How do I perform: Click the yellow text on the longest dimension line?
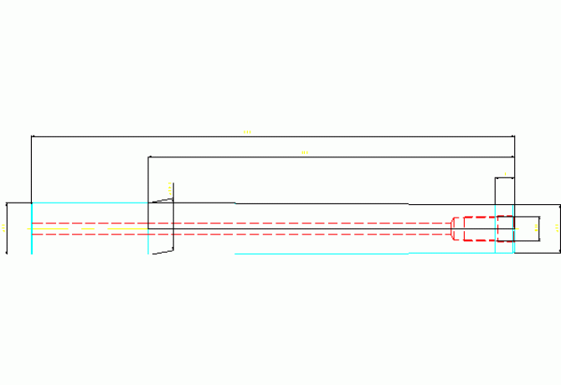click(247, 131)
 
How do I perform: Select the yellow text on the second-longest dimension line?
click(304, 152)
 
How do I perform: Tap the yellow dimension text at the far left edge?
click(4, 228)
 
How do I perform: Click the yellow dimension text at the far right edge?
click(558, 227)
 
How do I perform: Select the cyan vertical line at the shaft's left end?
click(32, 228)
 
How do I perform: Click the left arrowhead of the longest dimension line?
click(33, 136)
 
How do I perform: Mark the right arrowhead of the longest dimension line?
click(512, 136)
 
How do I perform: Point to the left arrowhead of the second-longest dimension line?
click(151, 157)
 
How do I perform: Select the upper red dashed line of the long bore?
click(243, 223)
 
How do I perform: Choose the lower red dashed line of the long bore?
click(243, 234)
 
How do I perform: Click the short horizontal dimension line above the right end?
click(504, 178)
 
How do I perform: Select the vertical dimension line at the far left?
click(8, 228)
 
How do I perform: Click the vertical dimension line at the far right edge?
click(560, 227)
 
